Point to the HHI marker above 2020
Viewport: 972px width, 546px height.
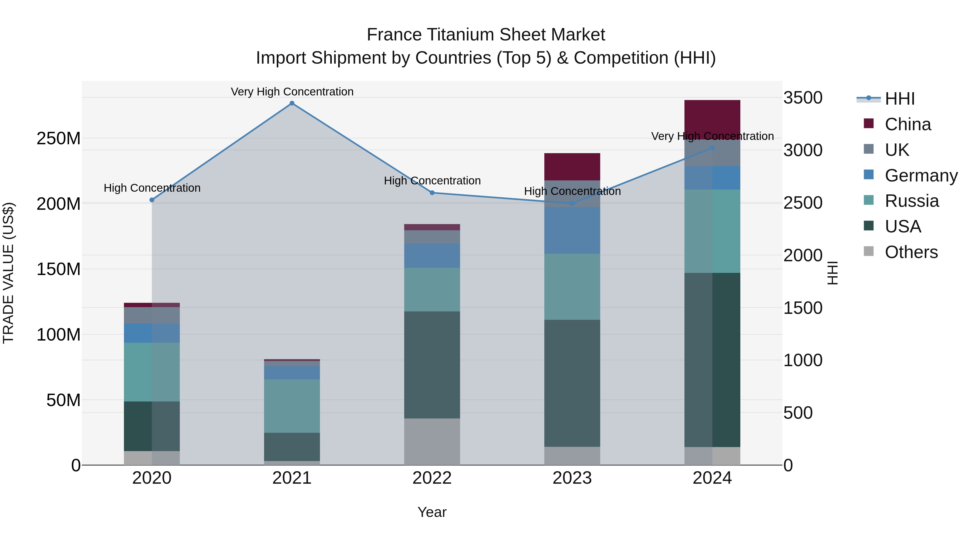152,200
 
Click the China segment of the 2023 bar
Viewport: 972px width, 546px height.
572,167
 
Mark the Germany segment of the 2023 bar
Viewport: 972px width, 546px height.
572,230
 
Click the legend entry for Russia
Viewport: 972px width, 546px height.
912,201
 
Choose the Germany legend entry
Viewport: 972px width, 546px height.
921,176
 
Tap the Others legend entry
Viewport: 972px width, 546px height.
911,252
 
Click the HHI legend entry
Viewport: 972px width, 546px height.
900,99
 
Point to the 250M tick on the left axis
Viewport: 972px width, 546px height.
59,139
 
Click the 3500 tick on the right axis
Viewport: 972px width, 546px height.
803,98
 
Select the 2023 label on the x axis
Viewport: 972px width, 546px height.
572,478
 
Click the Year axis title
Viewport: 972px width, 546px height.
432,512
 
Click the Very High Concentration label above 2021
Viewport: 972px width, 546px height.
292,92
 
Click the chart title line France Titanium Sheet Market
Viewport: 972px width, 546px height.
486,35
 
